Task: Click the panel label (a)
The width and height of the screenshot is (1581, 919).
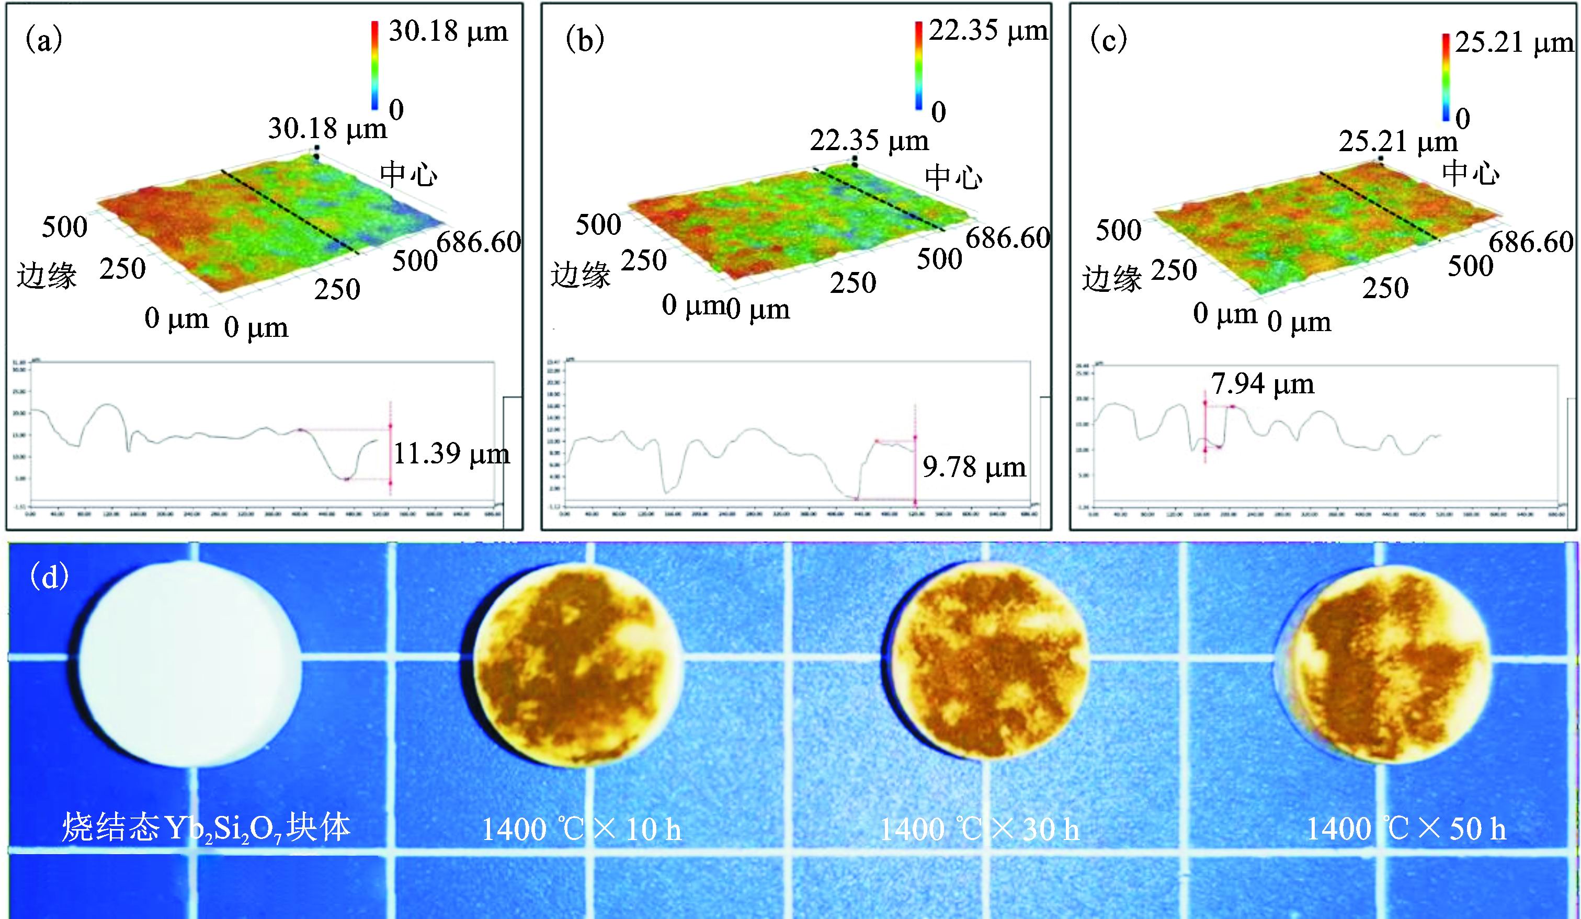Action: pos(43,41)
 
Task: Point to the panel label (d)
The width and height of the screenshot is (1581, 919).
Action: pos(50,576)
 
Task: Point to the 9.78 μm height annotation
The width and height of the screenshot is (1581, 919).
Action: pos(974,467)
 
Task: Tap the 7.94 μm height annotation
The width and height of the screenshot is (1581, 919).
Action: pos(1262,384)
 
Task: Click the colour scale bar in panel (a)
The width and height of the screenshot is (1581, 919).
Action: pos(374,65)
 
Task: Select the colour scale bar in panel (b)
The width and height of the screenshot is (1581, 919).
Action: pos(918,65)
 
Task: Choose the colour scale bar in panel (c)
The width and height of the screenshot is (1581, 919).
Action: pos(1446,76)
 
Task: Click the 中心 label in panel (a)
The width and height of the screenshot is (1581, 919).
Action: pos(408,174)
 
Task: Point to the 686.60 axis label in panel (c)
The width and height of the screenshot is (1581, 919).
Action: pos(1531,242)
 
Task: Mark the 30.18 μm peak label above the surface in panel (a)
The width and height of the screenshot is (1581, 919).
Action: pos(327,129)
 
